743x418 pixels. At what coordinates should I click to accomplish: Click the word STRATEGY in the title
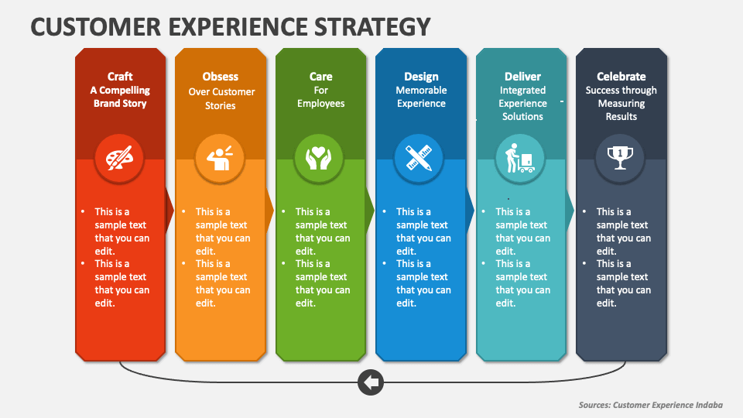pyautogui.click(x=372, y=26)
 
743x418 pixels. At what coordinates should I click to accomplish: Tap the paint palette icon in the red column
pyautogui.click(x=119, y=158)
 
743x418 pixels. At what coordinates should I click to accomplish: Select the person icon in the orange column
pyautogui.click(x=219, y=158)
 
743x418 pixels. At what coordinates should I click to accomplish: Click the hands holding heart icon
pyautogui.click(x=319, y=158)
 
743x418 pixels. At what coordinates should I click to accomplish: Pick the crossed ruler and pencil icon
pyautogui.click(x=419, y=158)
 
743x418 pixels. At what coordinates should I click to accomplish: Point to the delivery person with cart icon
pyautogui.click(x=519, y=158)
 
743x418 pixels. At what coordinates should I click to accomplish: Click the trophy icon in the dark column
pyautogui.click(x=620, y=158)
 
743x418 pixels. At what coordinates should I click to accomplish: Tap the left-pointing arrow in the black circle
pyautogui.click(x=371, y=382)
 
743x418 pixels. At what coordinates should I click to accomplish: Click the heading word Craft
pyautogui.click(x=120, y=77)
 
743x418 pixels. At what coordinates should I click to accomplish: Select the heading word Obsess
pyautogui.click(x=221, y=77)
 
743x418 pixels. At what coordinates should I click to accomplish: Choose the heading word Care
pyautogui.click(x=320, y=77)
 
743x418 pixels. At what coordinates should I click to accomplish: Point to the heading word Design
pyautogui.click(x=421, y=77)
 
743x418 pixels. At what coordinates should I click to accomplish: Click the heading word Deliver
pyautogui.click(x=522, y=77)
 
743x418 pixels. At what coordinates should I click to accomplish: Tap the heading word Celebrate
pyautogui.click(x=621, y=77)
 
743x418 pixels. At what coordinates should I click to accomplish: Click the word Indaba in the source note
pyautogui.click(x=709, y=405)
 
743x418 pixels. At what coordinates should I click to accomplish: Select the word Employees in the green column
pyautogui.click(x=320, y=104)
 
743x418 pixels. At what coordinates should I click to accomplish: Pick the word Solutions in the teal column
pyautogui.click(x=522, y=117)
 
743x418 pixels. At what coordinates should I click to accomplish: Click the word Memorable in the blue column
pyautogui.click(x=421, y=90)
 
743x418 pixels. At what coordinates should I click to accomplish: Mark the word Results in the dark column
pyautogui.click(x=621, y=117)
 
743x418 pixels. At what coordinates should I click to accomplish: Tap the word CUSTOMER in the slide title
pyautogui.click(x=96, y=26)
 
